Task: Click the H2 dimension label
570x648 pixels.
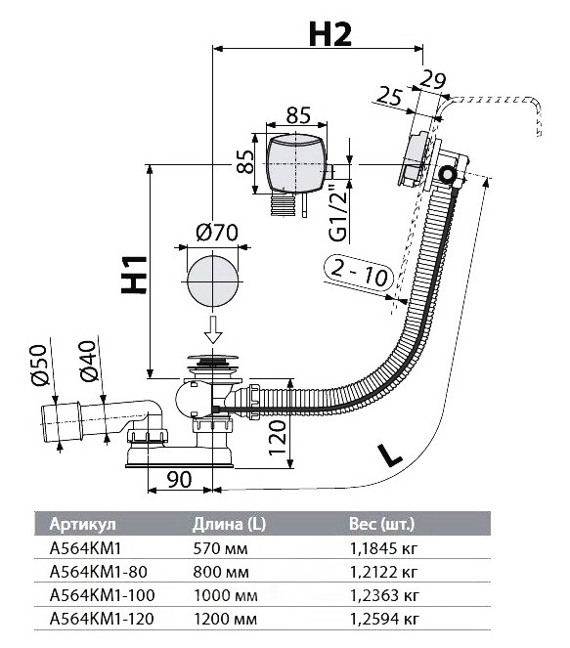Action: click(x=329, y=34)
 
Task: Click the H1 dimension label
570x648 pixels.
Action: click(x=134, y=276)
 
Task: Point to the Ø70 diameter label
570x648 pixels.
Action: click(x=217, y=233)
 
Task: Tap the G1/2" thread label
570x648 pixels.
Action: click(x=338, y=213)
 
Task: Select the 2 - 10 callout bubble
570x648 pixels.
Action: click(x=358, y=273)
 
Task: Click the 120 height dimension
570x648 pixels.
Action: click(x=278, y=437)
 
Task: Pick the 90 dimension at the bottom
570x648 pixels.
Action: click(x=179, y=479)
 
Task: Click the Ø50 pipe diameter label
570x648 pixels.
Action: click(x=39, y=366)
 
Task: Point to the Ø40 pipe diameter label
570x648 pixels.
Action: click(x=88, y=362)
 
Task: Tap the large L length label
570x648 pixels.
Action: click(x=389, y=454)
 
